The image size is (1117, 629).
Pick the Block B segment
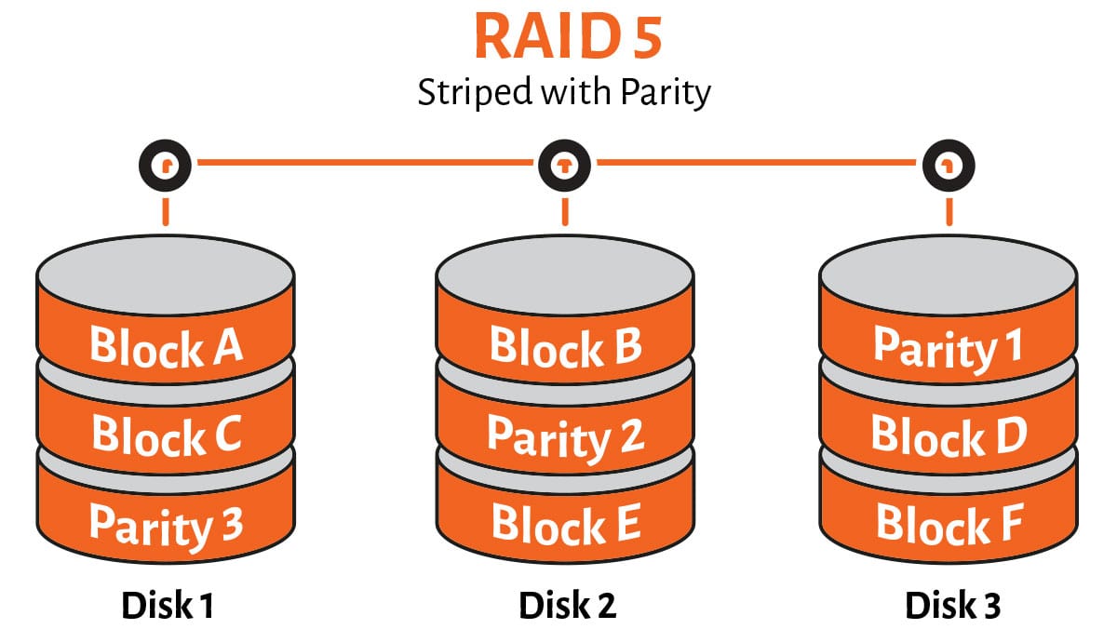(x=565, y=346)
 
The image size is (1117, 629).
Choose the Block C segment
(x=166, y=434)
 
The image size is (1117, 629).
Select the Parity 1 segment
(x=949, y=347)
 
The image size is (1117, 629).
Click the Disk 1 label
(x=168, y=606)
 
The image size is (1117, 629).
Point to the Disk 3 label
(x=952, y=606)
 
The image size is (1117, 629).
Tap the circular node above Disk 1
(x=166, y=166)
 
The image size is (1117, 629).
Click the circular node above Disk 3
(x=949, y=166)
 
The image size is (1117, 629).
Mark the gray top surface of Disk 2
(x=565, y=270)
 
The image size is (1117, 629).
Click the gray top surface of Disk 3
(x=949, y=270)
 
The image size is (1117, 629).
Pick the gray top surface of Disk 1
(x=166, y=270)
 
